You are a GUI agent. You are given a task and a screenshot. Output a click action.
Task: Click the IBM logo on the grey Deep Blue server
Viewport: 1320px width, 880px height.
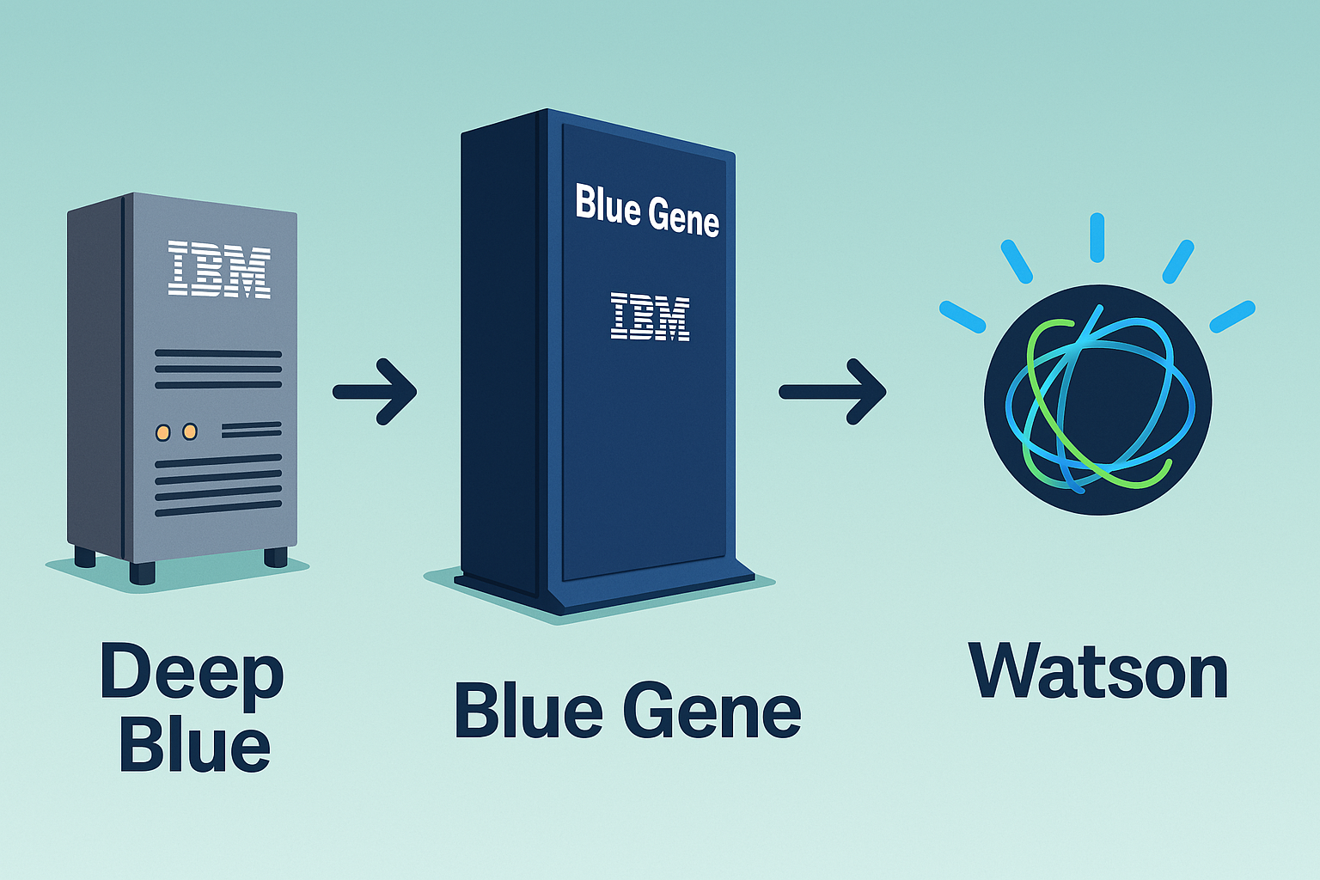tap(219, 270)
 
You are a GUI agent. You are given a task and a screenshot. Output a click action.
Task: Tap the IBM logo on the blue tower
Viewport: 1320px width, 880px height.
tap(650, 316)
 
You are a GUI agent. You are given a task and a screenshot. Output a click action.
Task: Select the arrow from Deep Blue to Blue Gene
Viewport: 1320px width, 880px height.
tap(376, 392)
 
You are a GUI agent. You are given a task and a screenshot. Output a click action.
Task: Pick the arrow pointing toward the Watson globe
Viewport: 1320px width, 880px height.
tap(832, 392)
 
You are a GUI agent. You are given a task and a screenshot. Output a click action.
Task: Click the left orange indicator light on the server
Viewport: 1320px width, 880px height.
tap(163, 432)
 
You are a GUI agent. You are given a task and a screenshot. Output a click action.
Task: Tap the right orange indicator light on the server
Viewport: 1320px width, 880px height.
tap(190, 431)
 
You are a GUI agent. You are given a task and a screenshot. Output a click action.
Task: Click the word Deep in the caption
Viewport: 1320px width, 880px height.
tap(192, 672)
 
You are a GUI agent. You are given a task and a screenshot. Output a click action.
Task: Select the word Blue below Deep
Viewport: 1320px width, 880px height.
tap(195, 745)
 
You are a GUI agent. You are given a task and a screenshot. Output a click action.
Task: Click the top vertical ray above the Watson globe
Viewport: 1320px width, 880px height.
tap(1097, 237)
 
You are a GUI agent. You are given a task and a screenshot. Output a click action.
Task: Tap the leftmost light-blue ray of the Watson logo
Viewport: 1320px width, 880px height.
tap(962, 316)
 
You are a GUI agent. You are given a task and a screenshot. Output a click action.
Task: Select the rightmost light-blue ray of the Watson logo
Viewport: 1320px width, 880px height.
tap(1232, 316)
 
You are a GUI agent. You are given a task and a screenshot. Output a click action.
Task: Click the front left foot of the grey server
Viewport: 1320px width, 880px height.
tap(142, 572)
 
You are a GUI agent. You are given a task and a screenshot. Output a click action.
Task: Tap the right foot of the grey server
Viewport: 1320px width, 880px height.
tap(275, 557)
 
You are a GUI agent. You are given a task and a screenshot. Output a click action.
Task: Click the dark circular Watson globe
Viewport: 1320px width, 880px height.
tap(1098, 400)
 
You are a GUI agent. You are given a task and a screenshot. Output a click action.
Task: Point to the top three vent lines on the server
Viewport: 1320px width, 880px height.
tap(218, 370)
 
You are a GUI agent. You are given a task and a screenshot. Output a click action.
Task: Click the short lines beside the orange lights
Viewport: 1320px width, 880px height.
tap(251, 429)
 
